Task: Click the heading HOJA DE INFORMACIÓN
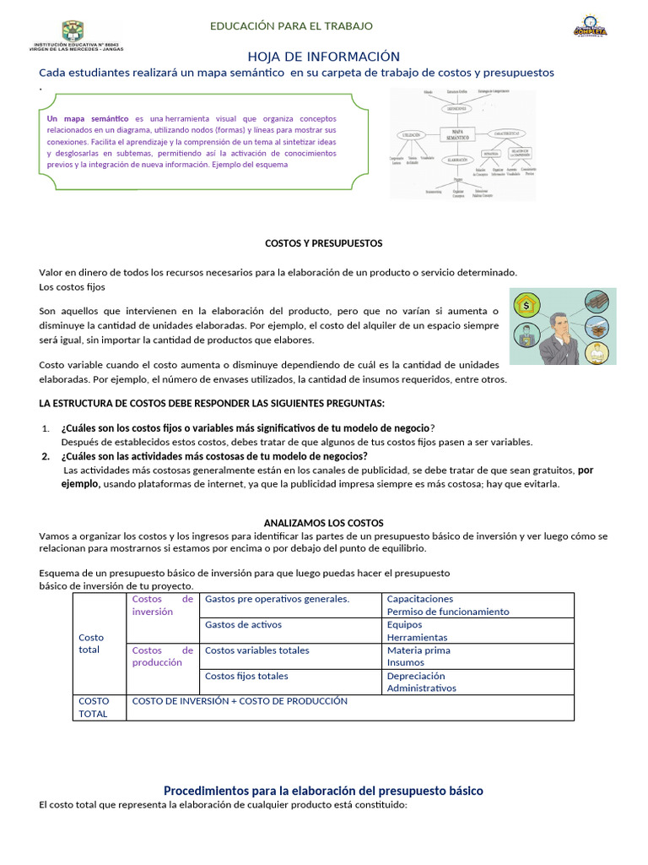323,57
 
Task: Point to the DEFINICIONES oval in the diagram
459,108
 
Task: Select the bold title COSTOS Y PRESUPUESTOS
323,243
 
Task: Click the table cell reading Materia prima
418,650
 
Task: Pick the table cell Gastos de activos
243,625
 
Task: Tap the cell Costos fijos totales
246,676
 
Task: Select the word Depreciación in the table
416,676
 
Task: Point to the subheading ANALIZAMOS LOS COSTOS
323,523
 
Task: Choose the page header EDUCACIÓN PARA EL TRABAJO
291,26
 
